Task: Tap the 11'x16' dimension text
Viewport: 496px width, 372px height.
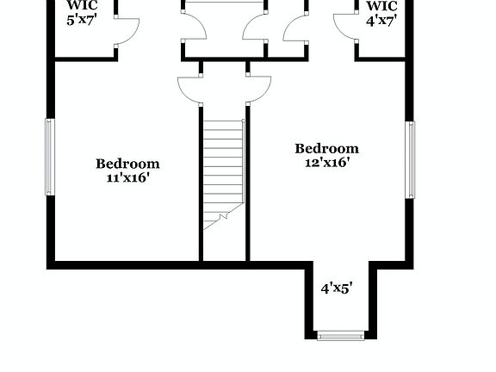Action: (128, 178)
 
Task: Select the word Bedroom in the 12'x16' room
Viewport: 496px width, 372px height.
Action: (326, 148)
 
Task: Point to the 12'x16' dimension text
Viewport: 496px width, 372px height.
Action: (327, 162)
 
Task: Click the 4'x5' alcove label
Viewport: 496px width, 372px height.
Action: (337, 289)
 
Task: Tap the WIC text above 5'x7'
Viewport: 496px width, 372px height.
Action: (88, 4)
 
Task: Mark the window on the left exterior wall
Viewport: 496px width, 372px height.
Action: (50, 158)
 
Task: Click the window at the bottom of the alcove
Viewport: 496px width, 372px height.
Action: (341, 335)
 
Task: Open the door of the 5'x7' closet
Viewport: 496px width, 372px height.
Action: (127, 31)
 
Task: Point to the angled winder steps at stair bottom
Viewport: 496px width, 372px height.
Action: (220, 218)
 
